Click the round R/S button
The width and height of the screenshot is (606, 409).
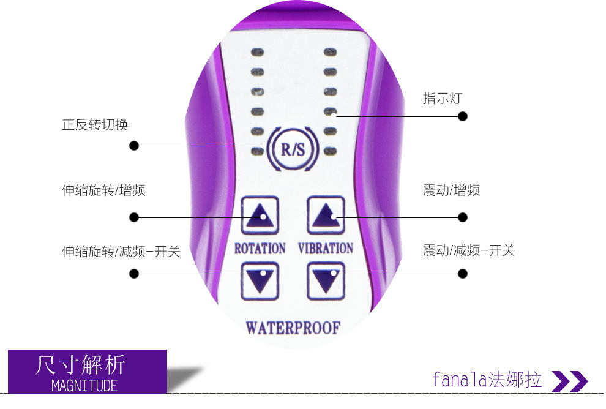coord(292,148)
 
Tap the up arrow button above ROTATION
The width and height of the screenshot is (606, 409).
coord(260,215)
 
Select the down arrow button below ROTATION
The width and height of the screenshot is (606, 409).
coord(260,280)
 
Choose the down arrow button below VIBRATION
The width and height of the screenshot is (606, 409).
coord(326,280)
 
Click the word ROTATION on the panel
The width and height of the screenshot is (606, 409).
coord(260,248)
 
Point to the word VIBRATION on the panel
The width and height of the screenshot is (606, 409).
coord(326,248)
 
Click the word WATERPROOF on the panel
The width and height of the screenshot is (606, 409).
coord(293,328)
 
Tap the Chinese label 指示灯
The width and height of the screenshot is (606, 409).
coord(441,98)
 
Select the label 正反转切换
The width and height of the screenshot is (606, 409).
coord(95,125)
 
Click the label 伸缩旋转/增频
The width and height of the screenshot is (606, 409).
coord(103,190)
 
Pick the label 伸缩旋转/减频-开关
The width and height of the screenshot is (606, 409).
coord(121,251)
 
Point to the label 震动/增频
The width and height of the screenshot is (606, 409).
coord(451,190)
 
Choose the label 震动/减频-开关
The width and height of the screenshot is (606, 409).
coord(469,250)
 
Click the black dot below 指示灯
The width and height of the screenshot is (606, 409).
coord(463,116)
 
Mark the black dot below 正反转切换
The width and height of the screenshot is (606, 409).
coord(134,146)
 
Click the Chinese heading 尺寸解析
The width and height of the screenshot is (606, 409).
coord(81,364)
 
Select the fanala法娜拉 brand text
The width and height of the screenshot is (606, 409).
coord(487,380)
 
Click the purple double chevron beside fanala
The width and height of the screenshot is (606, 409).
coord(569,381)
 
